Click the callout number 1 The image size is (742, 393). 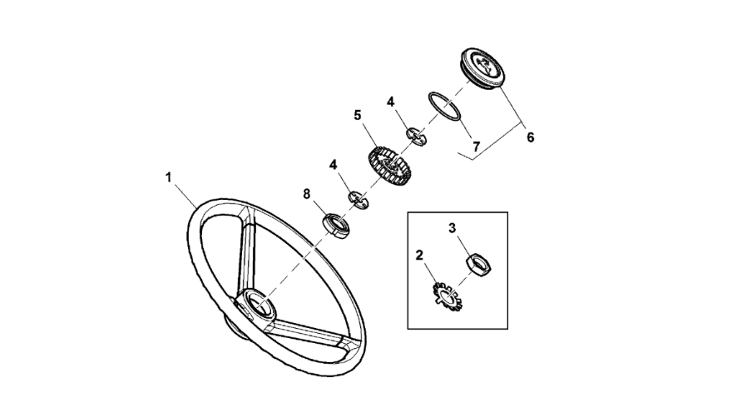[169, 178]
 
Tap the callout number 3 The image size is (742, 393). [453, 227]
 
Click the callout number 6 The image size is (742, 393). [529, 137]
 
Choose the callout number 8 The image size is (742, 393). [307, 194]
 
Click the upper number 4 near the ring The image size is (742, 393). [390, 102]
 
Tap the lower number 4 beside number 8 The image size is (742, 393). [334, 165]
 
